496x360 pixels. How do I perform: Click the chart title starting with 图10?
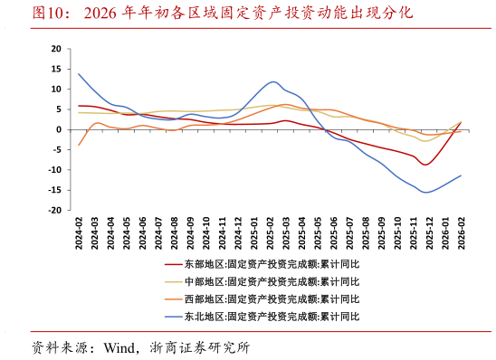222,13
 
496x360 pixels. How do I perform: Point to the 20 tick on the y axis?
56,49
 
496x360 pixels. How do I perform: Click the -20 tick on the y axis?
54,210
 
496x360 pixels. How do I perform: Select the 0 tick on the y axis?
59,129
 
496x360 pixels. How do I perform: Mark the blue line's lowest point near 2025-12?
425,192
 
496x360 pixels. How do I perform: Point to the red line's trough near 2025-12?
425,165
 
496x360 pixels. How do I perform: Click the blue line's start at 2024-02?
79,74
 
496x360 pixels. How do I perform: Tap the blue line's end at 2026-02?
461,175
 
